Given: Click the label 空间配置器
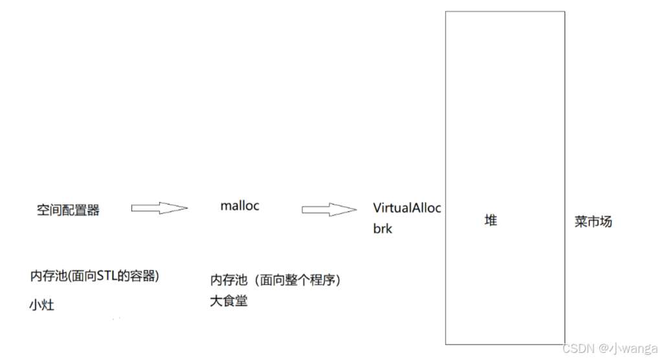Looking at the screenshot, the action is pos(69,210).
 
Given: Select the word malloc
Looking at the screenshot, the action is pos(239,206).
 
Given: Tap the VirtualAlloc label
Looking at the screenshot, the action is pos(407,208).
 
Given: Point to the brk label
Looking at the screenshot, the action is pos(382,229).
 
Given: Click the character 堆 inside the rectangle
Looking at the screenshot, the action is pos(491,220).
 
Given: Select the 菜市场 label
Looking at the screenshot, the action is pos(593,221).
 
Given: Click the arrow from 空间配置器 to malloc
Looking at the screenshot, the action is pos(159,208).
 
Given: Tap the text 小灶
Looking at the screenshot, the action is pos(41,304).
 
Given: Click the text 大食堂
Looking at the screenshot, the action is pos(228,301).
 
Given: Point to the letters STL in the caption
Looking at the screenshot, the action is pos(105,276).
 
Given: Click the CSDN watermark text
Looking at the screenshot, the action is pos(578,348).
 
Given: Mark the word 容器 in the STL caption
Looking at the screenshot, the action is pos(142,276).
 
